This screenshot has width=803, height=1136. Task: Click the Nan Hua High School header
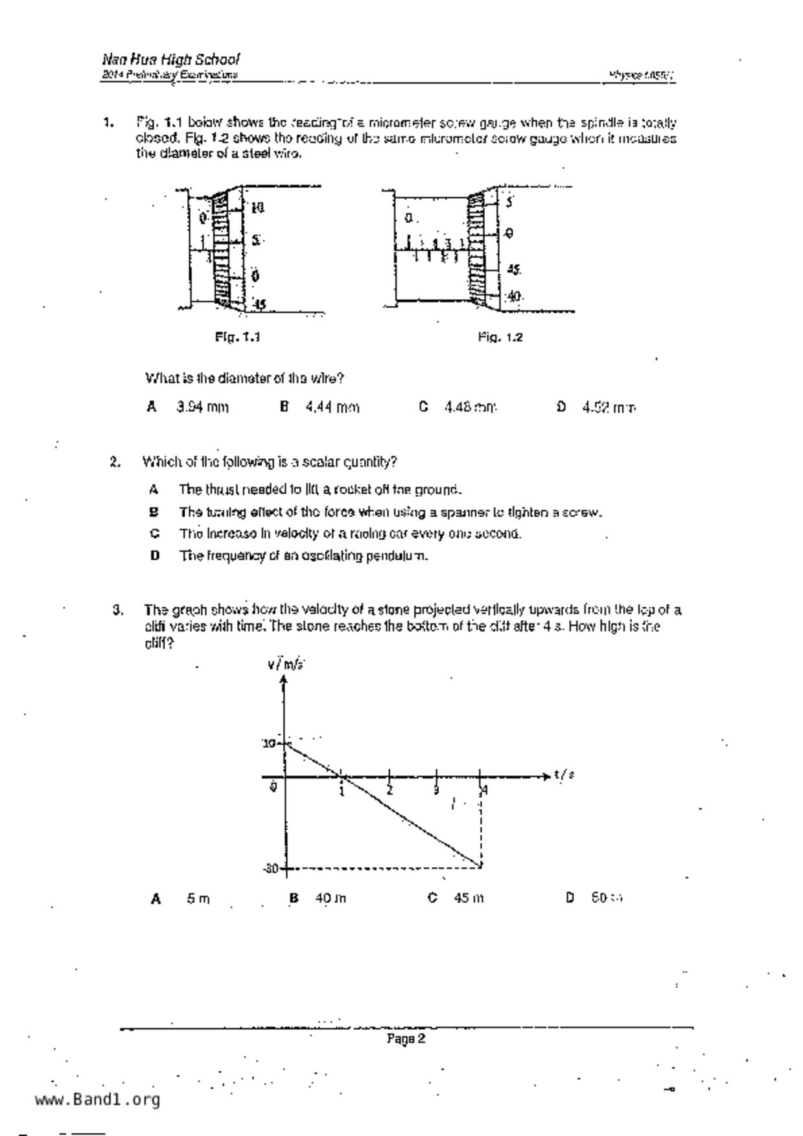coord(170,60)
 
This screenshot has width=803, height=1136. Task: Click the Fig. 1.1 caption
coord(238,337)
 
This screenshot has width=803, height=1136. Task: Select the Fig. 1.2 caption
coord(500,337)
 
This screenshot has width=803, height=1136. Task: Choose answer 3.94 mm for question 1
coord(202,407)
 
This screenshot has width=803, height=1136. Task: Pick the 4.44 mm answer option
coord(332,407)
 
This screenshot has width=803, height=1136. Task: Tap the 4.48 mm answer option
coord(470,407)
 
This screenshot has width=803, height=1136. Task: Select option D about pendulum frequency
coord(303,556)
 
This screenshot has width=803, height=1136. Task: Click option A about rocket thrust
coord(320,490)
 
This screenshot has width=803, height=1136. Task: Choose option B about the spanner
coord(391,512)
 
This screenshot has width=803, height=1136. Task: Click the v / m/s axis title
coord(285,665)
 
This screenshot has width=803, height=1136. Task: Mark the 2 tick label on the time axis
coord(390,790)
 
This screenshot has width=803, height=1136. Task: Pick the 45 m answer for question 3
coord(469,898)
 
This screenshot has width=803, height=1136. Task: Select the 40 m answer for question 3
coord(331,898)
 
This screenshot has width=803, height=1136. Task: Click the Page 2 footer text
coord(406,1039)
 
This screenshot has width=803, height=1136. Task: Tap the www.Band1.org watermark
coord(97,1100)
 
